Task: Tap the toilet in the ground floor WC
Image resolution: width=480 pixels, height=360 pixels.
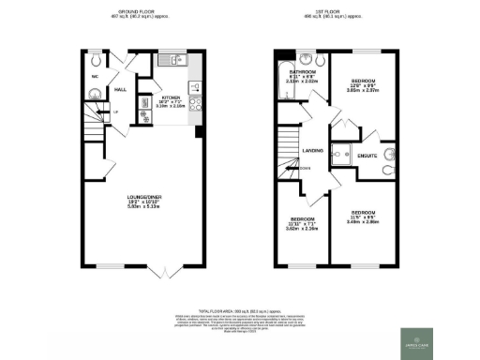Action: pyautogui.click(x=95, y=93)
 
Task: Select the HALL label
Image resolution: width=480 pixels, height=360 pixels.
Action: pyautogui.click(x=121, y=90)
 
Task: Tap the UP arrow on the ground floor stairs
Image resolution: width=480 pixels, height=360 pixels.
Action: pyautogui.click(x=114, y=114)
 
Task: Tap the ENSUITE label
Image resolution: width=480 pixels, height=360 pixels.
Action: pyautogui.click(x=367, y=156)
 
